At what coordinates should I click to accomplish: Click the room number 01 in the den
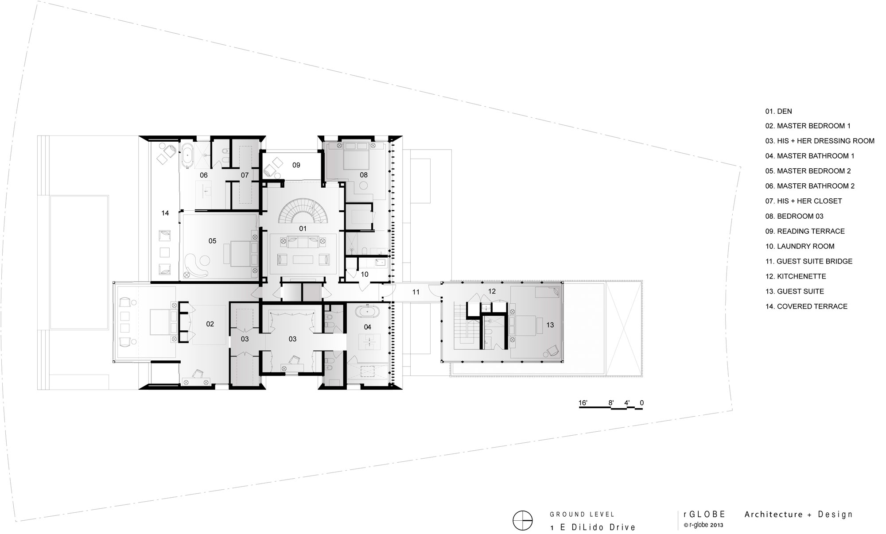pos(303,229)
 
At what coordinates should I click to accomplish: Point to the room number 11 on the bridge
pos(416,292)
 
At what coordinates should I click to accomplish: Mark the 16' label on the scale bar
pos(583,403)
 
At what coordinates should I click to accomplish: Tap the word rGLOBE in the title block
pos(704,514)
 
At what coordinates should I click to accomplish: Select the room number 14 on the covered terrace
pos(165,213)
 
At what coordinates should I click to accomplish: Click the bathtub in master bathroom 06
pos(188,156)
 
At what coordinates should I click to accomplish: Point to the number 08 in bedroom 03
pos(364,175)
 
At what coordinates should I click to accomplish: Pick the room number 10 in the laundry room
pos(365,275)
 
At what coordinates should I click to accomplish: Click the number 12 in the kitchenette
pos(492,291)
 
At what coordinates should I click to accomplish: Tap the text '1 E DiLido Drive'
pos(593,527)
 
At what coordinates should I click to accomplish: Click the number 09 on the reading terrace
pos(296,165)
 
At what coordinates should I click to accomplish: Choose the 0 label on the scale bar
pos(641,403)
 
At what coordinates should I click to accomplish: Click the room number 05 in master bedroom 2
pos(212,241)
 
